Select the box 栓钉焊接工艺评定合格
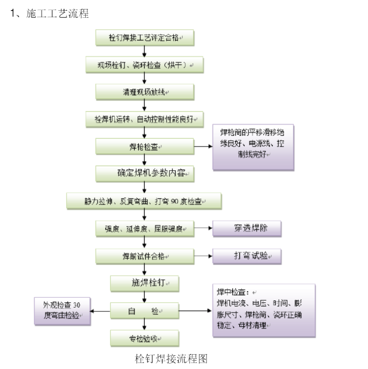click(x=145, y=39)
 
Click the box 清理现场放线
click(x=145, y=92)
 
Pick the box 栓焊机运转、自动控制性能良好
click(x=145, y=118)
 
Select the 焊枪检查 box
click(x=145, y=146)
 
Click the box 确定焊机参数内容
click(x=145, y=173)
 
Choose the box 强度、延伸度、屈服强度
click(x=145, y=229)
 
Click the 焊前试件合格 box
click(x=145, y=256)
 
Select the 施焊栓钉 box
click(x=145, y=283)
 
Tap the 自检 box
click(x=145, y=311)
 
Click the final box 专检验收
click(x=145, y=338)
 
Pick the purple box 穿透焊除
click(x=247, y=229)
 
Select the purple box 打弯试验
click(x=247, y=256)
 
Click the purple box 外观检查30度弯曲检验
click(x=63, y=311)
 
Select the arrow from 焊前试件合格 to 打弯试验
click(x=204, y=256)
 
